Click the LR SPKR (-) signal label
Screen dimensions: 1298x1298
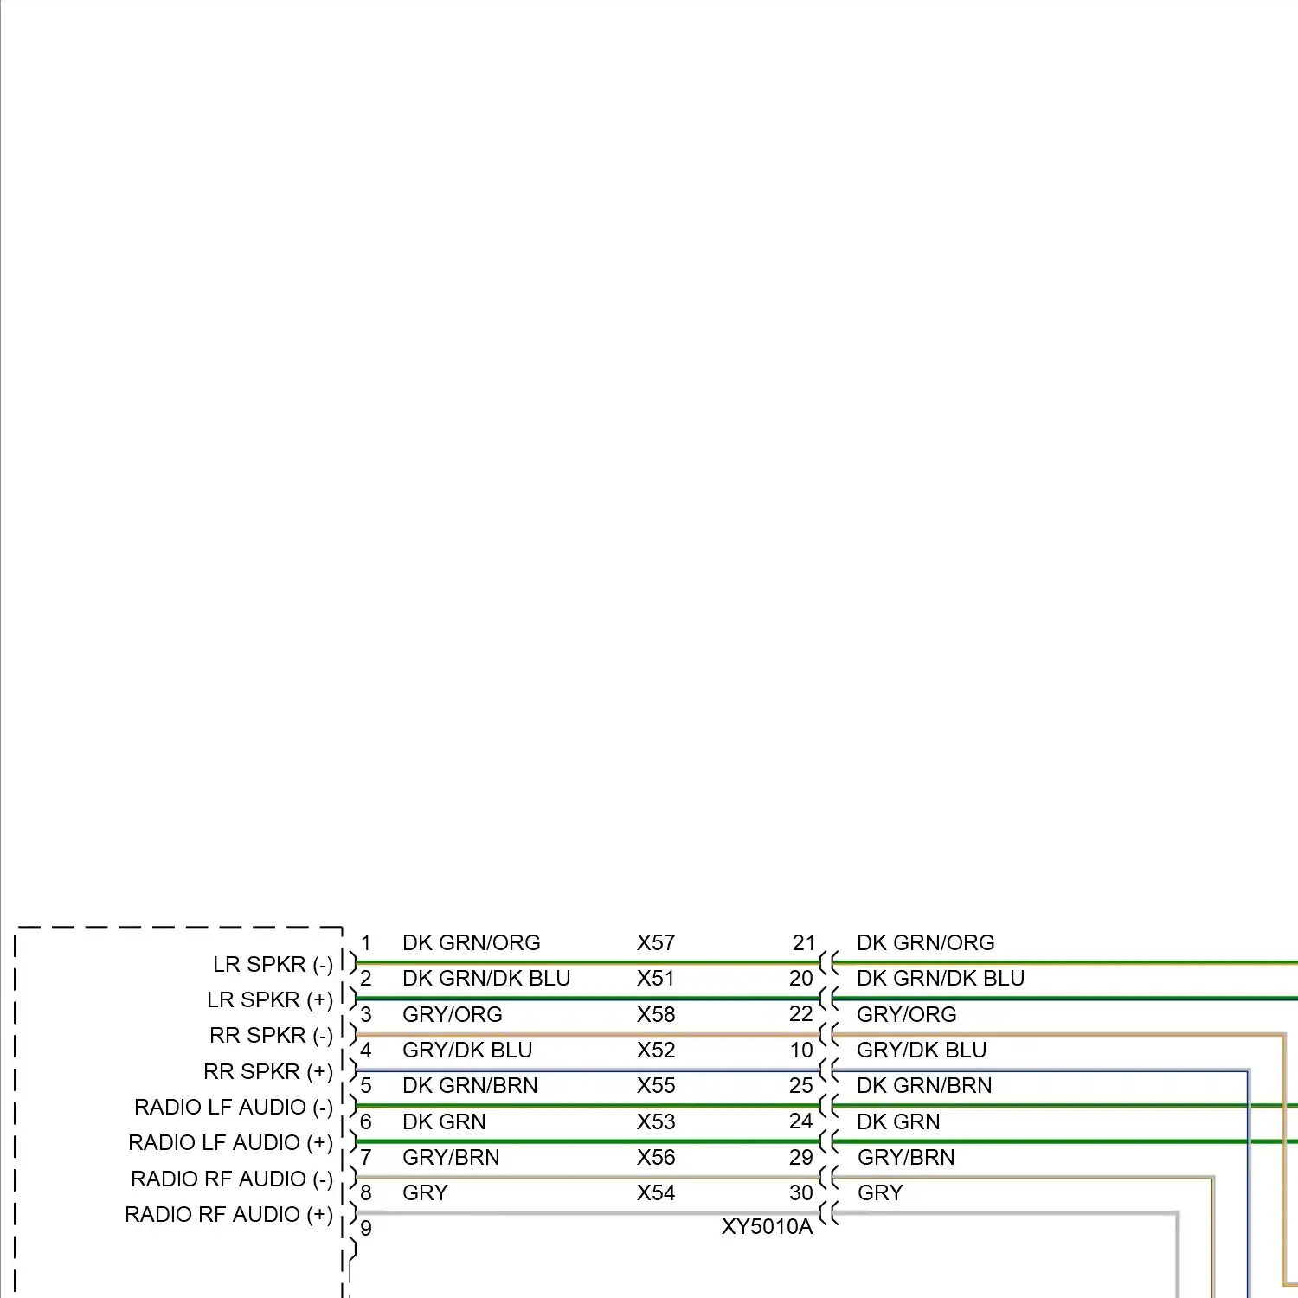tap(273, 965)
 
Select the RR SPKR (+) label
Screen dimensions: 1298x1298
tap(268, 1072)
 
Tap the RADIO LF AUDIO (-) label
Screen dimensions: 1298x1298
tap(234, 1108)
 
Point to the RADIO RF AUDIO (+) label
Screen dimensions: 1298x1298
tap(228, 1215)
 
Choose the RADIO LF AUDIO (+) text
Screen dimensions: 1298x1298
tap(230, 1143)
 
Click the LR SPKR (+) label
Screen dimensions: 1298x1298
tap(270, 1000)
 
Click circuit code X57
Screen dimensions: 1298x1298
tap(656, 942)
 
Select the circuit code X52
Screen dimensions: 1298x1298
tap(656, 1050)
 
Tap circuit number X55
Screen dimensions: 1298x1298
tap(656, 1085)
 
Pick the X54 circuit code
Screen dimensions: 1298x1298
tap(656, 1192)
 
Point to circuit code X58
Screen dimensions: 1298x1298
tap(656, 1014)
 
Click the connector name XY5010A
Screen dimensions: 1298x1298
tap(768, 1227)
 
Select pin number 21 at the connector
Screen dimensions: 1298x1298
tap(804, 942)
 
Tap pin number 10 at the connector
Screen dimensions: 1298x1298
tap(801, 1050)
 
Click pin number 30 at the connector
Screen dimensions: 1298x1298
tap(801, 1192)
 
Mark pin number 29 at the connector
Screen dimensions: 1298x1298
tap(801, 1157)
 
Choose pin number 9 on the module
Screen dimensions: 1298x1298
tap(366, 1228)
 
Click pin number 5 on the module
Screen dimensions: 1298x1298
tap(366, 1085)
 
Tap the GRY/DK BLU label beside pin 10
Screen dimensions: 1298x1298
tap(922, 1050)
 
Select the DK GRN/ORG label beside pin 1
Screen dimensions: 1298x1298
tap(472, 942)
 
